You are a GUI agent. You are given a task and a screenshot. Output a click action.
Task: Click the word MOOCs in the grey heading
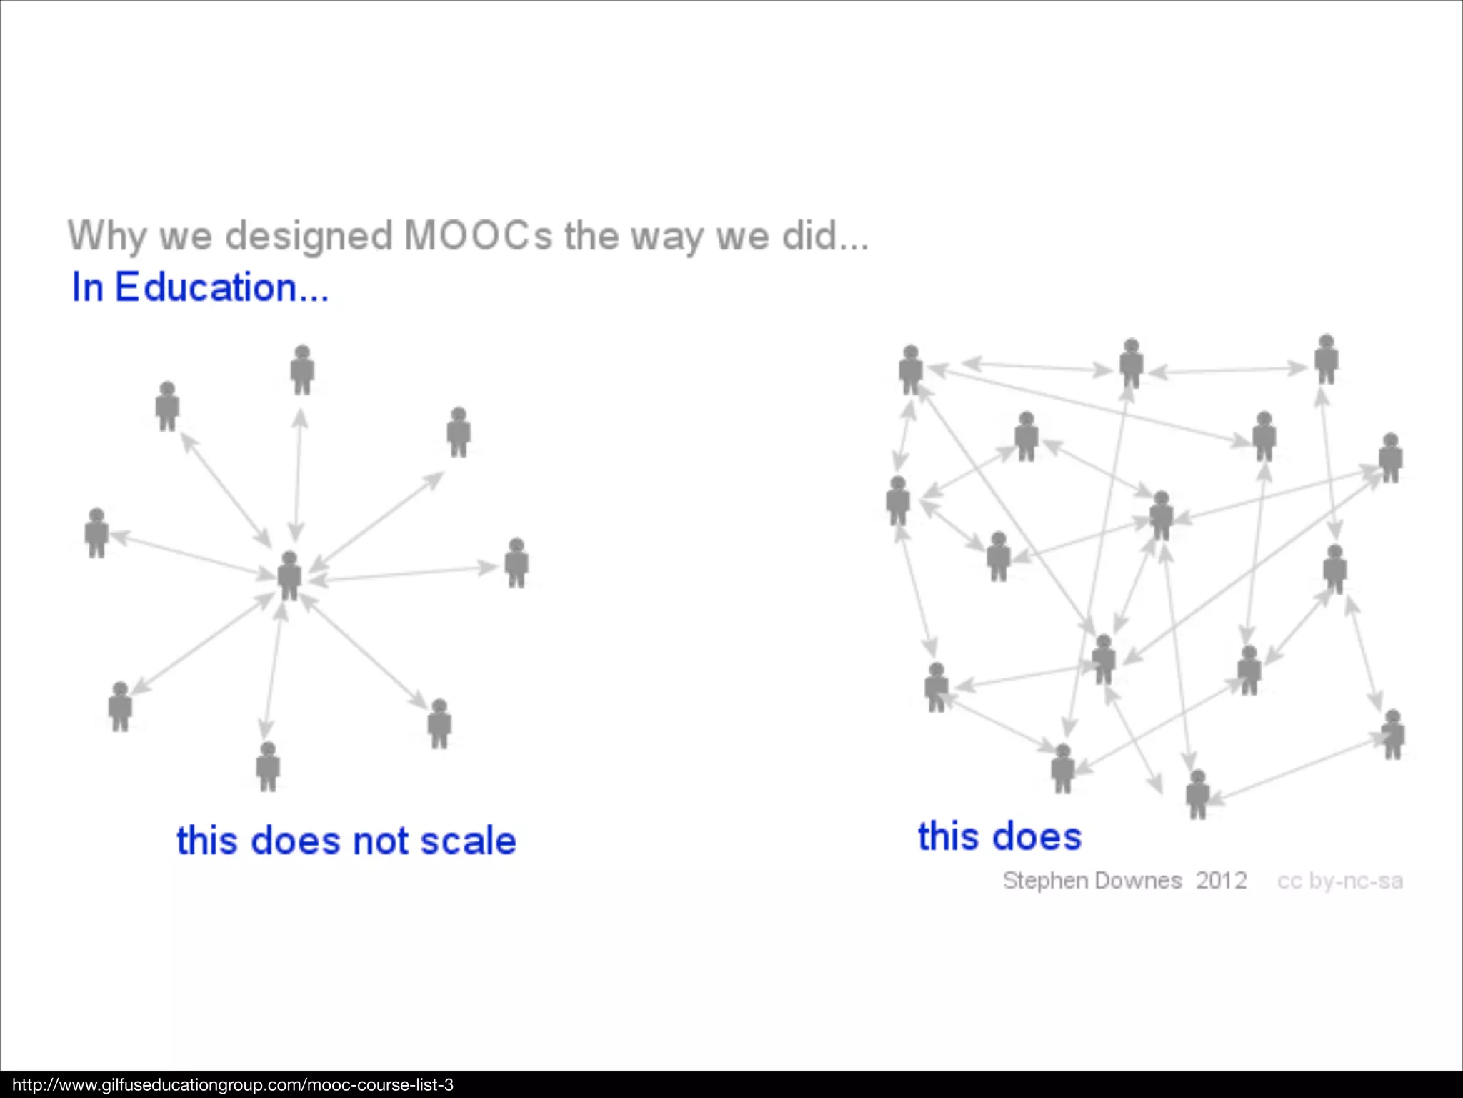point(477,235)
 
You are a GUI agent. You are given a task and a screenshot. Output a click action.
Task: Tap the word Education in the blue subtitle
point(206,287)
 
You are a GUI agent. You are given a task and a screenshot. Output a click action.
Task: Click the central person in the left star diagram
point(289,575)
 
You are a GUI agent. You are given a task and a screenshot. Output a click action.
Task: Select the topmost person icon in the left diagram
point(302,370)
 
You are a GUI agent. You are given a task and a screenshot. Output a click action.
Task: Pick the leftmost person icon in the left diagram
point(96,533)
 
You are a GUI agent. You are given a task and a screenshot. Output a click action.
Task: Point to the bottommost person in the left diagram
point(268,766)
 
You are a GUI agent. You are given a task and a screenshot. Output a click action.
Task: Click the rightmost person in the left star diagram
point(516,563)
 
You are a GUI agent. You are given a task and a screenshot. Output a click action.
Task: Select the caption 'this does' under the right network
point(999,836)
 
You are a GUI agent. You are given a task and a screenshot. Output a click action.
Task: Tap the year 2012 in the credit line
point(1222,880)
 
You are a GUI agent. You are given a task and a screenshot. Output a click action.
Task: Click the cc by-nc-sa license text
point(1339,881)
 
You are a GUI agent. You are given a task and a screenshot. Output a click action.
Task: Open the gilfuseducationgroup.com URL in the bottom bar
point(233,1085)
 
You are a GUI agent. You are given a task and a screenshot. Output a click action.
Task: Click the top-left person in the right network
point(911,370)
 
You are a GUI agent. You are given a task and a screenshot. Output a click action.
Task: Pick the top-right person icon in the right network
point(1327,359)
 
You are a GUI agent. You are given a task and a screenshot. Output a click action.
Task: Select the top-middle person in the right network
point(1131,363)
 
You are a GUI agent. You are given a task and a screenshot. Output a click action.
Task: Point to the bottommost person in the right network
point(1198,794)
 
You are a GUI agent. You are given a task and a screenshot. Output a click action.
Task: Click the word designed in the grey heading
point(309,235)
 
